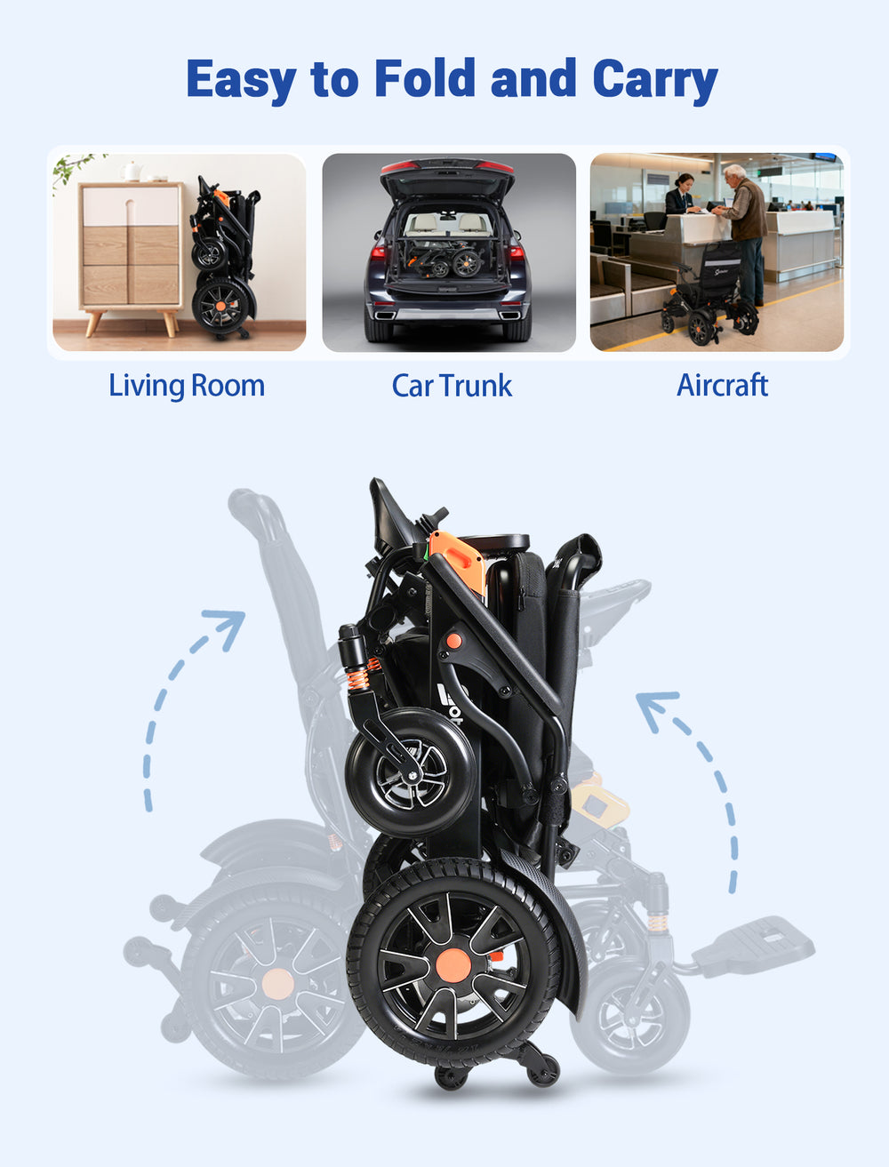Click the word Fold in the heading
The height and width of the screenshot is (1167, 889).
(425, 78)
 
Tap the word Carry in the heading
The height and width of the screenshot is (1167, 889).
(655, 81)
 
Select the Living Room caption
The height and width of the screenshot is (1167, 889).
(187, 386)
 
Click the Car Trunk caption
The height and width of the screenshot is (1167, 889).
(452, 386)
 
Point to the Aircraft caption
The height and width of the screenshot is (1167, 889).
(722, 385)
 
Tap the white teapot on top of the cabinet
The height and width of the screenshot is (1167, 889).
(131, 172)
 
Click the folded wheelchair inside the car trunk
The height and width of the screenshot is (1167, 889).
(445, 260)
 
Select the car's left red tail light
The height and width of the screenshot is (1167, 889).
(378, 252)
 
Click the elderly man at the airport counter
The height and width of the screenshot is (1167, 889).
(743, 234)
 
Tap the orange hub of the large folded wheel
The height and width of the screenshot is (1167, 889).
(452, 963)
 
